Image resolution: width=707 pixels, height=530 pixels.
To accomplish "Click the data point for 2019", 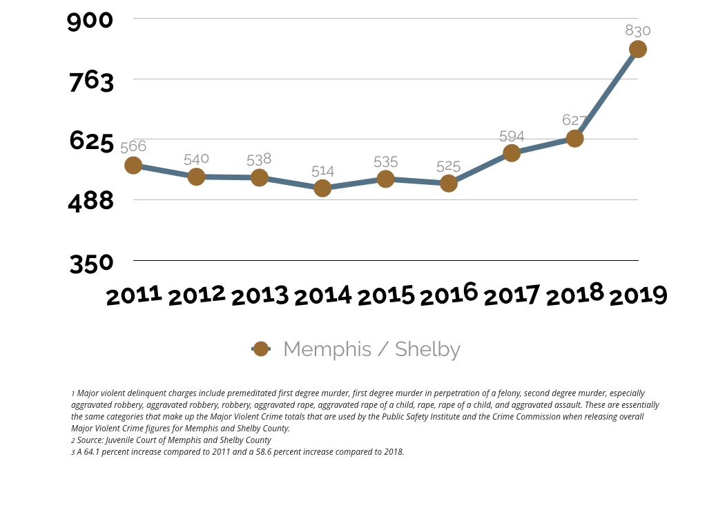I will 637,49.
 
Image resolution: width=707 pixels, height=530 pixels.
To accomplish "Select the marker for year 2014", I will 322,188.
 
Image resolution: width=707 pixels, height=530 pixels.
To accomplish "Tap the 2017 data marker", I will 512,153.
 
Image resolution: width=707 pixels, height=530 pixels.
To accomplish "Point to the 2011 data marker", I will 133,166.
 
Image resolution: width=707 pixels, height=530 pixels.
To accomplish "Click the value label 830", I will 638,30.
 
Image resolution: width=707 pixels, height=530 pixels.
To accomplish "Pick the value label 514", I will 322,171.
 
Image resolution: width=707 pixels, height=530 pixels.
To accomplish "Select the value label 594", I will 512,137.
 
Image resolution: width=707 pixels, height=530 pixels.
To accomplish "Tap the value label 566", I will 133,146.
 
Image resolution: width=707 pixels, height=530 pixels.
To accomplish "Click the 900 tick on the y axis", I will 90,20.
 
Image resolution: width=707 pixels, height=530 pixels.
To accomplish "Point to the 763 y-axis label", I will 91,81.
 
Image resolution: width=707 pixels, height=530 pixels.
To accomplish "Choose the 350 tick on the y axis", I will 91,264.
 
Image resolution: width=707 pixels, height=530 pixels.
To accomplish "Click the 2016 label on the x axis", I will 449,295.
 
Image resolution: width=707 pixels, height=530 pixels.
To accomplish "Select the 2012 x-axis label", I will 197,295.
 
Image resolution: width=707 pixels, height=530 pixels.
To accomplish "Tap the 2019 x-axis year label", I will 638,296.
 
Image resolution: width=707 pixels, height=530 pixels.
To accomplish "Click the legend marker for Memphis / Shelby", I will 261,349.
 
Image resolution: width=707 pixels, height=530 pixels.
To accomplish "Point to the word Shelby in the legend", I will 427,349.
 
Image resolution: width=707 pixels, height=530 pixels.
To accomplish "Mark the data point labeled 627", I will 574,138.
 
